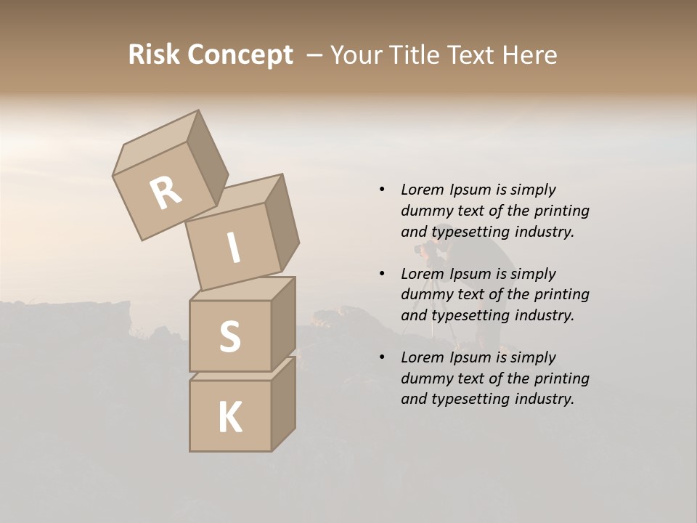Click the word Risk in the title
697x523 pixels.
click(x=153, y=54)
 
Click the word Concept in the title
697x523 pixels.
click(x=240, y=55)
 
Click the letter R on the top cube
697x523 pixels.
click(x=166, y=194)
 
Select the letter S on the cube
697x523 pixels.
click(x=229, y=337)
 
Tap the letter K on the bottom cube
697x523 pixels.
click(x=229, y=418)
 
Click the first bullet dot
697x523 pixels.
click(x=382, y=190)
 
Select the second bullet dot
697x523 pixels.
click(x=382, y=274)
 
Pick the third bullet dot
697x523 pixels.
click(x=382, y=357)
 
